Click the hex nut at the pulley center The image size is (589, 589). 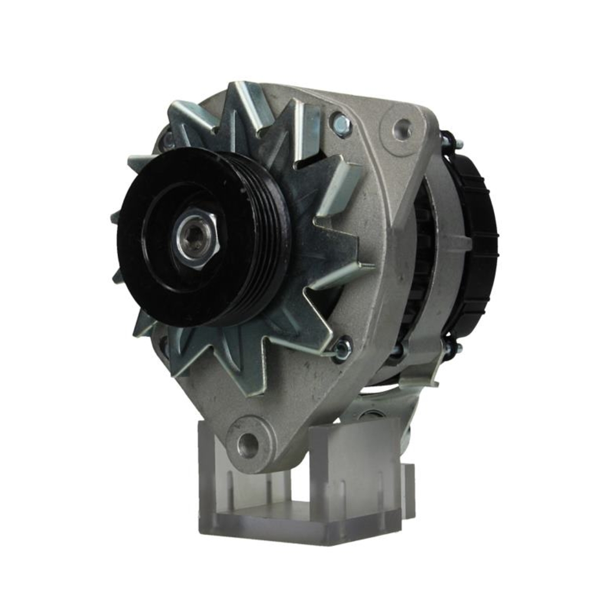click(197, 240)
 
